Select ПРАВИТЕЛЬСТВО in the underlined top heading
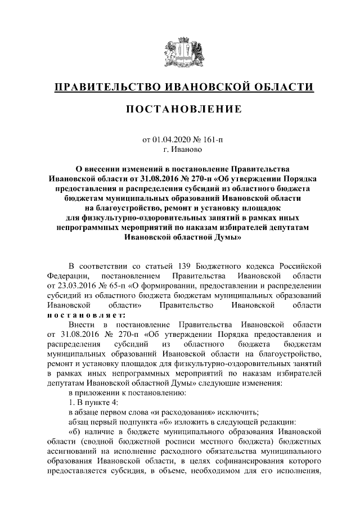[x=105, y=87]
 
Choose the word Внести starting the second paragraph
[x=82, y=325]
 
